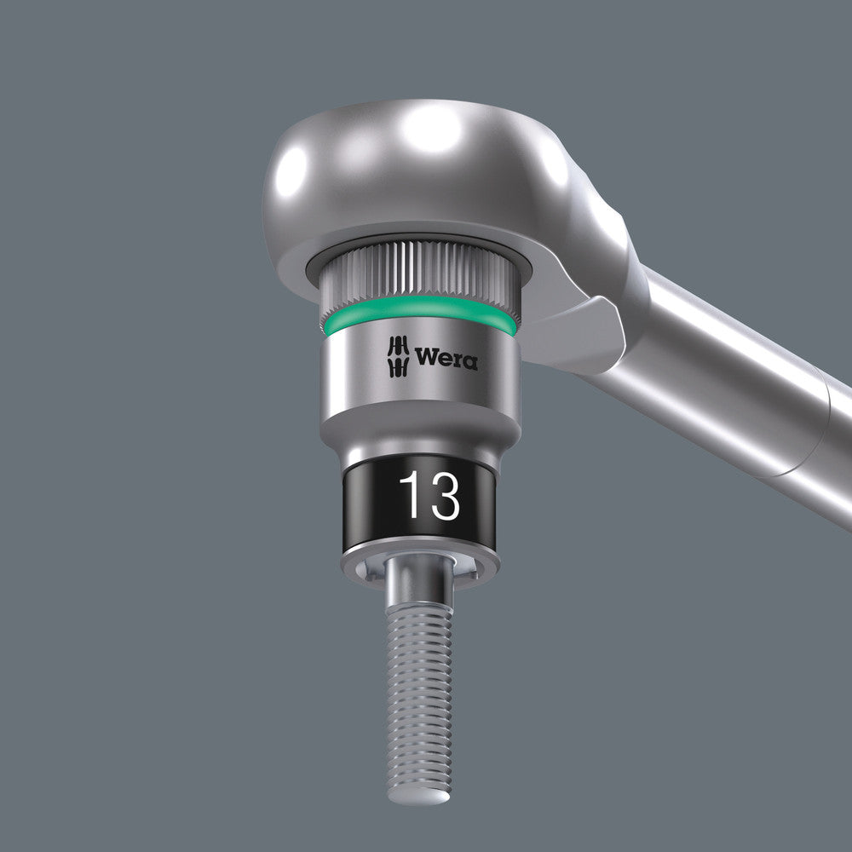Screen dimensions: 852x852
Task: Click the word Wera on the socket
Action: pos(446,358)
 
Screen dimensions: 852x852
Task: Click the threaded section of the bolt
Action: pos(420,682)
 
